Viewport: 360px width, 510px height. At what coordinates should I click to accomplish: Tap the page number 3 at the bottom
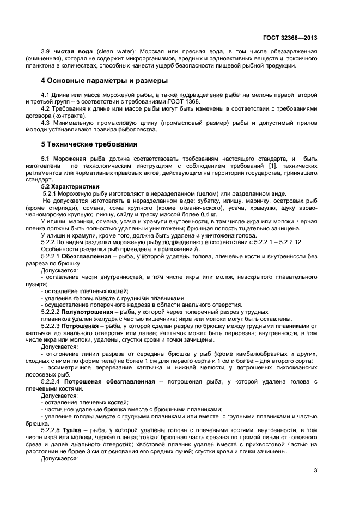(316, 471)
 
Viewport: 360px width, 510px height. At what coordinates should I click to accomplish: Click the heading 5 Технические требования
(89, 145)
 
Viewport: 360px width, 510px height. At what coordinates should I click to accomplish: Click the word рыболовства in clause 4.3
(140, 130)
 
